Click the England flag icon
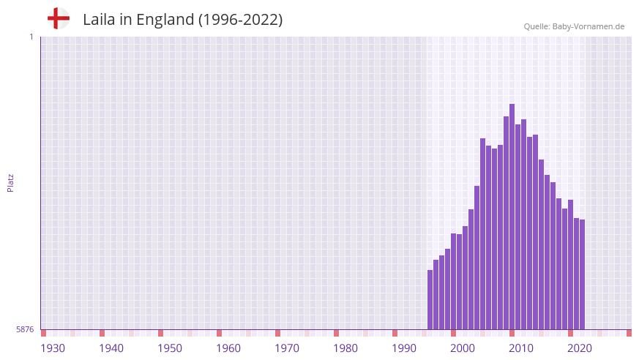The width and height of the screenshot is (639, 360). tap(59, 18)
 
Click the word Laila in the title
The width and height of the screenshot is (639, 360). tap(99, 20)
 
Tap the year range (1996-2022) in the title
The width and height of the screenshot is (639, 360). tap(241, 20)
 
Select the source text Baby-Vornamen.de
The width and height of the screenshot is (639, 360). tap(589, 26)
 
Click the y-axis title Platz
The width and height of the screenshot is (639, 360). tap(10, 183)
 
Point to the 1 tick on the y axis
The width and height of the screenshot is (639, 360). tap(31, 37)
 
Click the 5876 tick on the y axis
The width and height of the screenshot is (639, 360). tap(25, 330)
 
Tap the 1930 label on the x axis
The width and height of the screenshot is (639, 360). tap(53, 348)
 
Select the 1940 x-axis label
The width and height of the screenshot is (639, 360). tap(111, 348)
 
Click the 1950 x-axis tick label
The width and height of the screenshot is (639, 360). tap(170, 348)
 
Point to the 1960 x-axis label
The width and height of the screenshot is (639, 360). tap(228, 348)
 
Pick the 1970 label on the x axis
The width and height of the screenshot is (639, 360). tap(287, 348)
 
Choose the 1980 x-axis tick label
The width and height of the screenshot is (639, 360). tap(345, 348)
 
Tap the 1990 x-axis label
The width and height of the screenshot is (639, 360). tap(404, 348)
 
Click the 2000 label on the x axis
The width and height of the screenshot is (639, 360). tap(463, 348)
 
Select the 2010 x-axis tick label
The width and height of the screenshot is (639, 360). tap(521, 348)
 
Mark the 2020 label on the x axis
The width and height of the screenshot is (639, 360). tap(580, 348)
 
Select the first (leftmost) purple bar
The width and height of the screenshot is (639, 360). tap(430, 300)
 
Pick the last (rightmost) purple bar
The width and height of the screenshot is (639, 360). tap(583, 274)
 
